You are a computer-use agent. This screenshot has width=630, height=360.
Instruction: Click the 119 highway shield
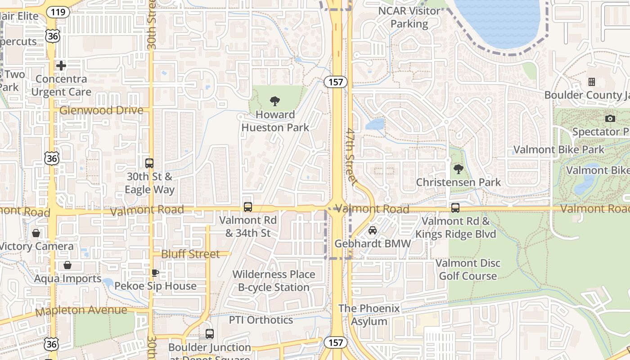(58, 12)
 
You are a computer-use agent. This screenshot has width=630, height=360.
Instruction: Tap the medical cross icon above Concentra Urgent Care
(61, 66)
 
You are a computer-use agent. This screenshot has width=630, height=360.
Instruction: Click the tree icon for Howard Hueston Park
(274, 101)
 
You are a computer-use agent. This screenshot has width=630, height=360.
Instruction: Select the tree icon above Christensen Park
(458, 169)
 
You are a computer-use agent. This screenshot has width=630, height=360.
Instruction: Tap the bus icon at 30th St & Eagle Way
(149, 163)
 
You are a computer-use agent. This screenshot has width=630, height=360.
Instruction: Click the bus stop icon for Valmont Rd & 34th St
(248, 207)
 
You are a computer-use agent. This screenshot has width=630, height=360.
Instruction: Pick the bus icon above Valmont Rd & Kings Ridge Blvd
(455, 208)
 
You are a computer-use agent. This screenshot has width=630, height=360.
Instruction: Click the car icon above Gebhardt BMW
(373, 230)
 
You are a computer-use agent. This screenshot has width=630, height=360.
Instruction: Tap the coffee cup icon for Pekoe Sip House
(155, 273)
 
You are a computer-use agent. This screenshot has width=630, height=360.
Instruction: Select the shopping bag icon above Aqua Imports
(67, 265)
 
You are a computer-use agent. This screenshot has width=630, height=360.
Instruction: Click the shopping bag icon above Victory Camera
(36, 233)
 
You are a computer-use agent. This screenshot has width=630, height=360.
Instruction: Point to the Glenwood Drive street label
(101, 110)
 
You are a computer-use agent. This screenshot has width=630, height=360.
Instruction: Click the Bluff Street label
(191, 254)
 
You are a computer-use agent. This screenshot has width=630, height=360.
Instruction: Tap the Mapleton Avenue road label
(81, 310)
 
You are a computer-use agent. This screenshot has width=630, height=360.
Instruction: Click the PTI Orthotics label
(261, 320)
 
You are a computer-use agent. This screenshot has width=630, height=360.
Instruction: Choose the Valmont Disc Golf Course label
(468, 269)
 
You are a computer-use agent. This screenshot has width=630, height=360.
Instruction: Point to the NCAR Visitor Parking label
(409, 17)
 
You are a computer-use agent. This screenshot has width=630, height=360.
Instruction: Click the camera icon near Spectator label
(610, 119)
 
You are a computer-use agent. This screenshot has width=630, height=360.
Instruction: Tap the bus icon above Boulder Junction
(210, 334)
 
